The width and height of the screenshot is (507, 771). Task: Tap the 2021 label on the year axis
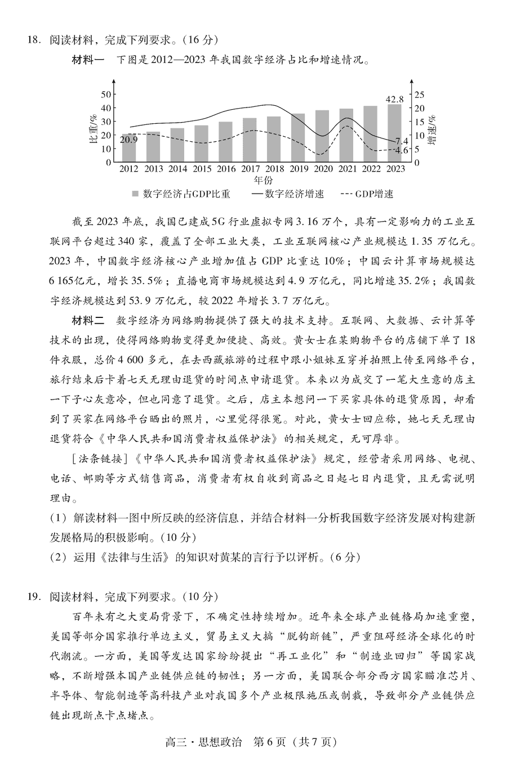347,169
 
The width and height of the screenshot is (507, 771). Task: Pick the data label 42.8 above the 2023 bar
394,99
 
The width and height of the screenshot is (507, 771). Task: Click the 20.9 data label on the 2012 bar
128,140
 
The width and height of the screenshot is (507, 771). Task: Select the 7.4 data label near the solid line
402,141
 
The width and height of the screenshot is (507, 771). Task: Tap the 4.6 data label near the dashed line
401,150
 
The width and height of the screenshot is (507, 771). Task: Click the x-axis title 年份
263,181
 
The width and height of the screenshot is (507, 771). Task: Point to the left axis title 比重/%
93,128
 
